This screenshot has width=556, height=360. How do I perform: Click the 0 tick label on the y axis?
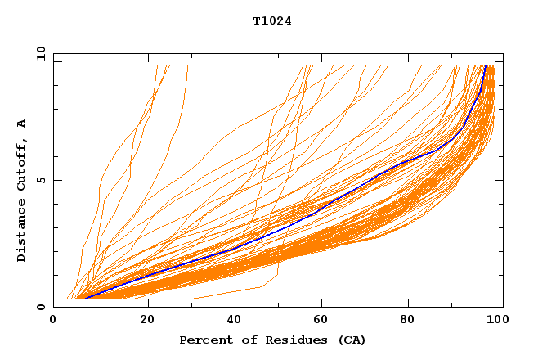[40, 307]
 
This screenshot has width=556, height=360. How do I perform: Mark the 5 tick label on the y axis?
[40, 180]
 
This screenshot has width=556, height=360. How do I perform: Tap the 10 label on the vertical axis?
[40, 54]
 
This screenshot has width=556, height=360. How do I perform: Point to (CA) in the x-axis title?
[352, 340]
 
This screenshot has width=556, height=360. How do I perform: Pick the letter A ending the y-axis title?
[22, 124]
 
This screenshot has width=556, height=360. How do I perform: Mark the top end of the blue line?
[485, 66]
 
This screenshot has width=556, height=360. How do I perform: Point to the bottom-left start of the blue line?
[85, 299]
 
